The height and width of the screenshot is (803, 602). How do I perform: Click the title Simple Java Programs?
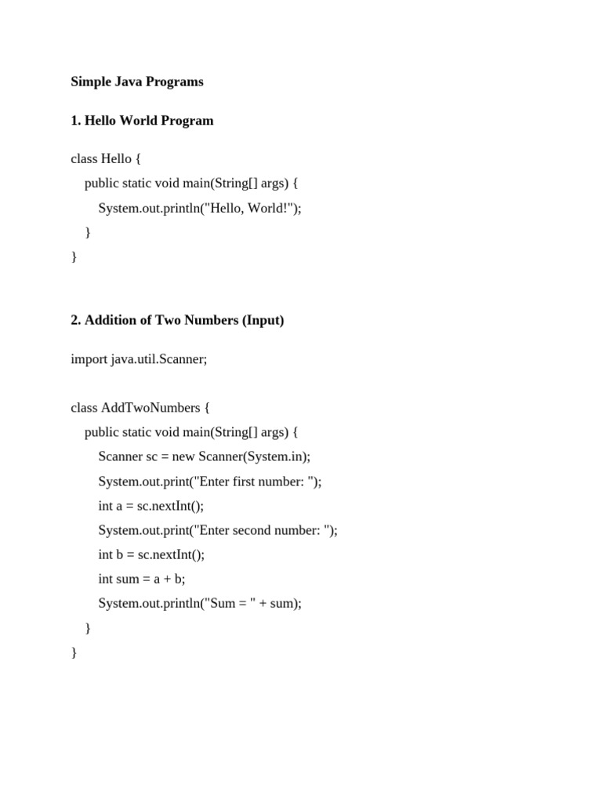click(137, 82)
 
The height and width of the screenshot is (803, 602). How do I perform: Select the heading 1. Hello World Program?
click(142, 121)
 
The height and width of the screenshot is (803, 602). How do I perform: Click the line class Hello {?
click(106, 158)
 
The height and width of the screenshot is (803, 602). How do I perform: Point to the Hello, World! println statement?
click(200, 208)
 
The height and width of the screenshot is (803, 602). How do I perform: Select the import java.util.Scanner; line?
click(139, 358)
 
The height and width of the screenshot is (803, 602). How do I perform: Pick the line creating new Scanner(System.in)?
click(205, 456)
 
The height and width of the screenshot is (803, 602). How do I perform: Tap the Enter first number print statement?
click(210, 481)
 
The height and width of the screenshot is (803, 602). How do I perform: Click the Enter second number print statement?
click(218, 530)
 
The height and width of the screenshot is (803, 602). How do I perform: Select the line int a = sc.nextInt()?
click(151, 506)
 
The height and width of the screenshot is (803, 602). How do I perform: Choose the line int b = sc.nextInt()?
click(151, 554)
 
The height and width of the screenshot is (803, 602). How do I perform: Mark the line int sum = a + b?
click(142, 580)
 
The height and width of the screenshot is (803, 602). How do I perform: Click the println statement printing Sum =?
click(200, 604)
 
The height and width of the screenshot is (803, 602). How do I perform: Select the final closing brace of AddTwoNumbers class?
click(74, 652)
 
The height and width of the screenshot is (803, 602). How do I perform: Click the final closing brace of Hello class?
click(74, 256)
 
